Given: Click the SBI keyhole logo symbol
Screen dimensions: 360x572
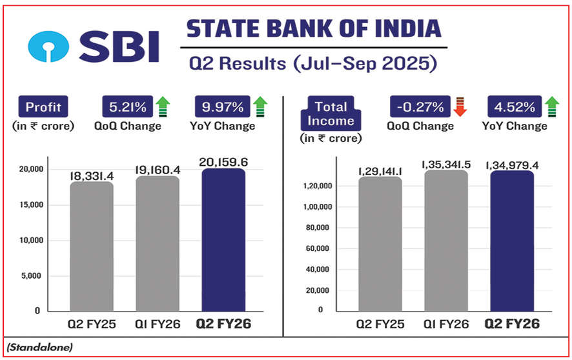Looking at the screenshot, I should coord(48,46).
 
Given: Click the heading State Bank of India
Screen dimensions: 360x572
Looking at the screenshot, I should coord(314,29).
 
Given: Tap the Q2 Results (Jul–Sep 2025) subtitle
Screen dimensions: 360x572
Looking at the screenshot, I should coord(313,64).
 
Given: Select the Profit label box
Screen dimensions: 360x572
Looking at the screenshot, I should coord(43,106).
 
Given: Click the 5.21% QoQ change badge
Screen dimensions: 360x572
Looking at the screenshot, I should coord(127,106).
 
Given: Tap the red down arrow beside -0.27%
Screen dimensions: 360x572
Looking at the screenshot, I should coord(460,106).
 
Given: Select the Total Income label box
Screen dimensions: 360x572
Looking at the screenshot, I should coord(331,114).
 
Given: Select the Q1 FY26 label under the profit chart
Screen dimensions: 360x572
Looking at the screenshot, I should coord(158,324).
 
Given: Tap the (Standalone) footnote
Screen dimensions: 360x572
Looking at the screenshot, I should coord(41,347).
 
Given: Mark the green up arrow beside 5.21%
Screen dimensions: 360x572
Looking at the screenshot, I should coord(163,106).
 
